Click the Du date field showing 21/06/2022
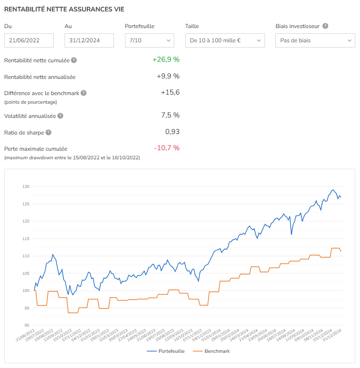point(29,40)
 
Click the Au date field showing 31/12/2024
point(89,40)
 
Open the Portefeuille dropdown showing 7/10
point(150,40)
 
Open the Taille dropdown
point(224,40)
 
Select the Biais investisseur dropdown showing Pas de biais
point(315,40)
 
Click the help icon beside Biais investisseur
point(326,27)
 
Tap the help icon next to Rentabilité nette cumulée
point(74,60)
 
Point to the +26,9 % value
point(166,59)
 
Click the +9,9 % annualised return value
point(168,76)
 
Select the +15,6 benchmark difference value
point(170,92)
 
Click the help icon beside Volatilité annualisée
point(60,116)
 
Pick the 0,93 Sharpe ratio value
point(172,132)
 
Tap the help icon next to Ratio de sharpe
point(48,133)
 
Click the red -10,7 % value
point(167,148)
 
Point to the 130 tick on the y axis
point(25,186)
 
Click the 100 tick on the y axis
point(25,291)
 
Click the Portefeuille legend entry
point(166,351)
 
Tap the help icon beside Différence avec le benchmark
point(84,93)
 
